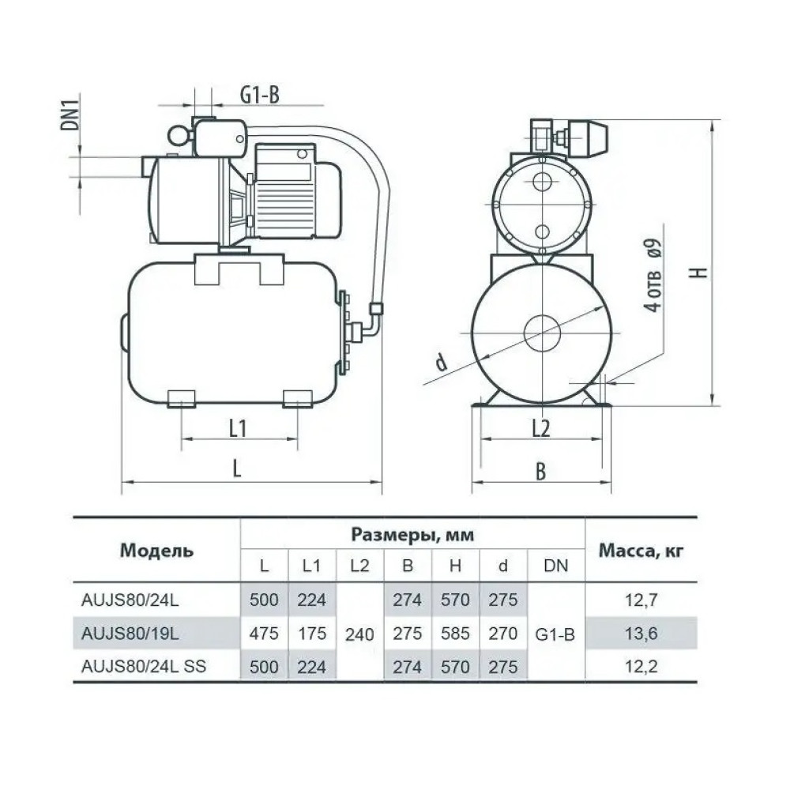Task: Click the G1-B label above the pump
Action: click(259, 94)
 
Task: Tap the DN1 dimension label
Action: click(70, 112)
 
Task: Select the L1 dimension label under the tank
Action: click(238, 429)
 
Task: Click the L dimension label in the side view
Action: click(237, 468)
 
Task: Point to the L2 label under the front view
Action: click(541, 429)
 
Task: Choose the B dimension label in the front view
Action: click(540, 472)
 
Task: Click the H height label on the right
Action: click(699, 273)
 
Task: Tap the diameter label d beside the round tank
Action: click(441, 362)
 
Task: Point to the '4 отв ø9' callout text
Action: click(653, 275)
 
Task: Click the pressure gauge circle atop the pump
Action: click(179, 134)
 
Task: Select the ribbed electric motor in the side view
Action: click(297, 190)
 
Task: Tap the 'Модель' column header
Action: click(156, 551)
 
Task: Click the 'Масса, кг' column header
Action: click(641, 551)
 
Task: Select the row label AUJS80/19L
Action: click(130, 634)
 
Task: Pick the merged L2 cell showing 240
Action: click(359, 634)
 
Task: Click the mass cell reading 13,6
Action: click(641, 634)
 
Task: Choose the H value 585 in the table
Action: click(455, 634)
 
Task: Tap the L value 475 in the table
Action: click(264, 634)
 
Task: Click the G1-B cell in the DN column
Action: click(555, 634)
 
